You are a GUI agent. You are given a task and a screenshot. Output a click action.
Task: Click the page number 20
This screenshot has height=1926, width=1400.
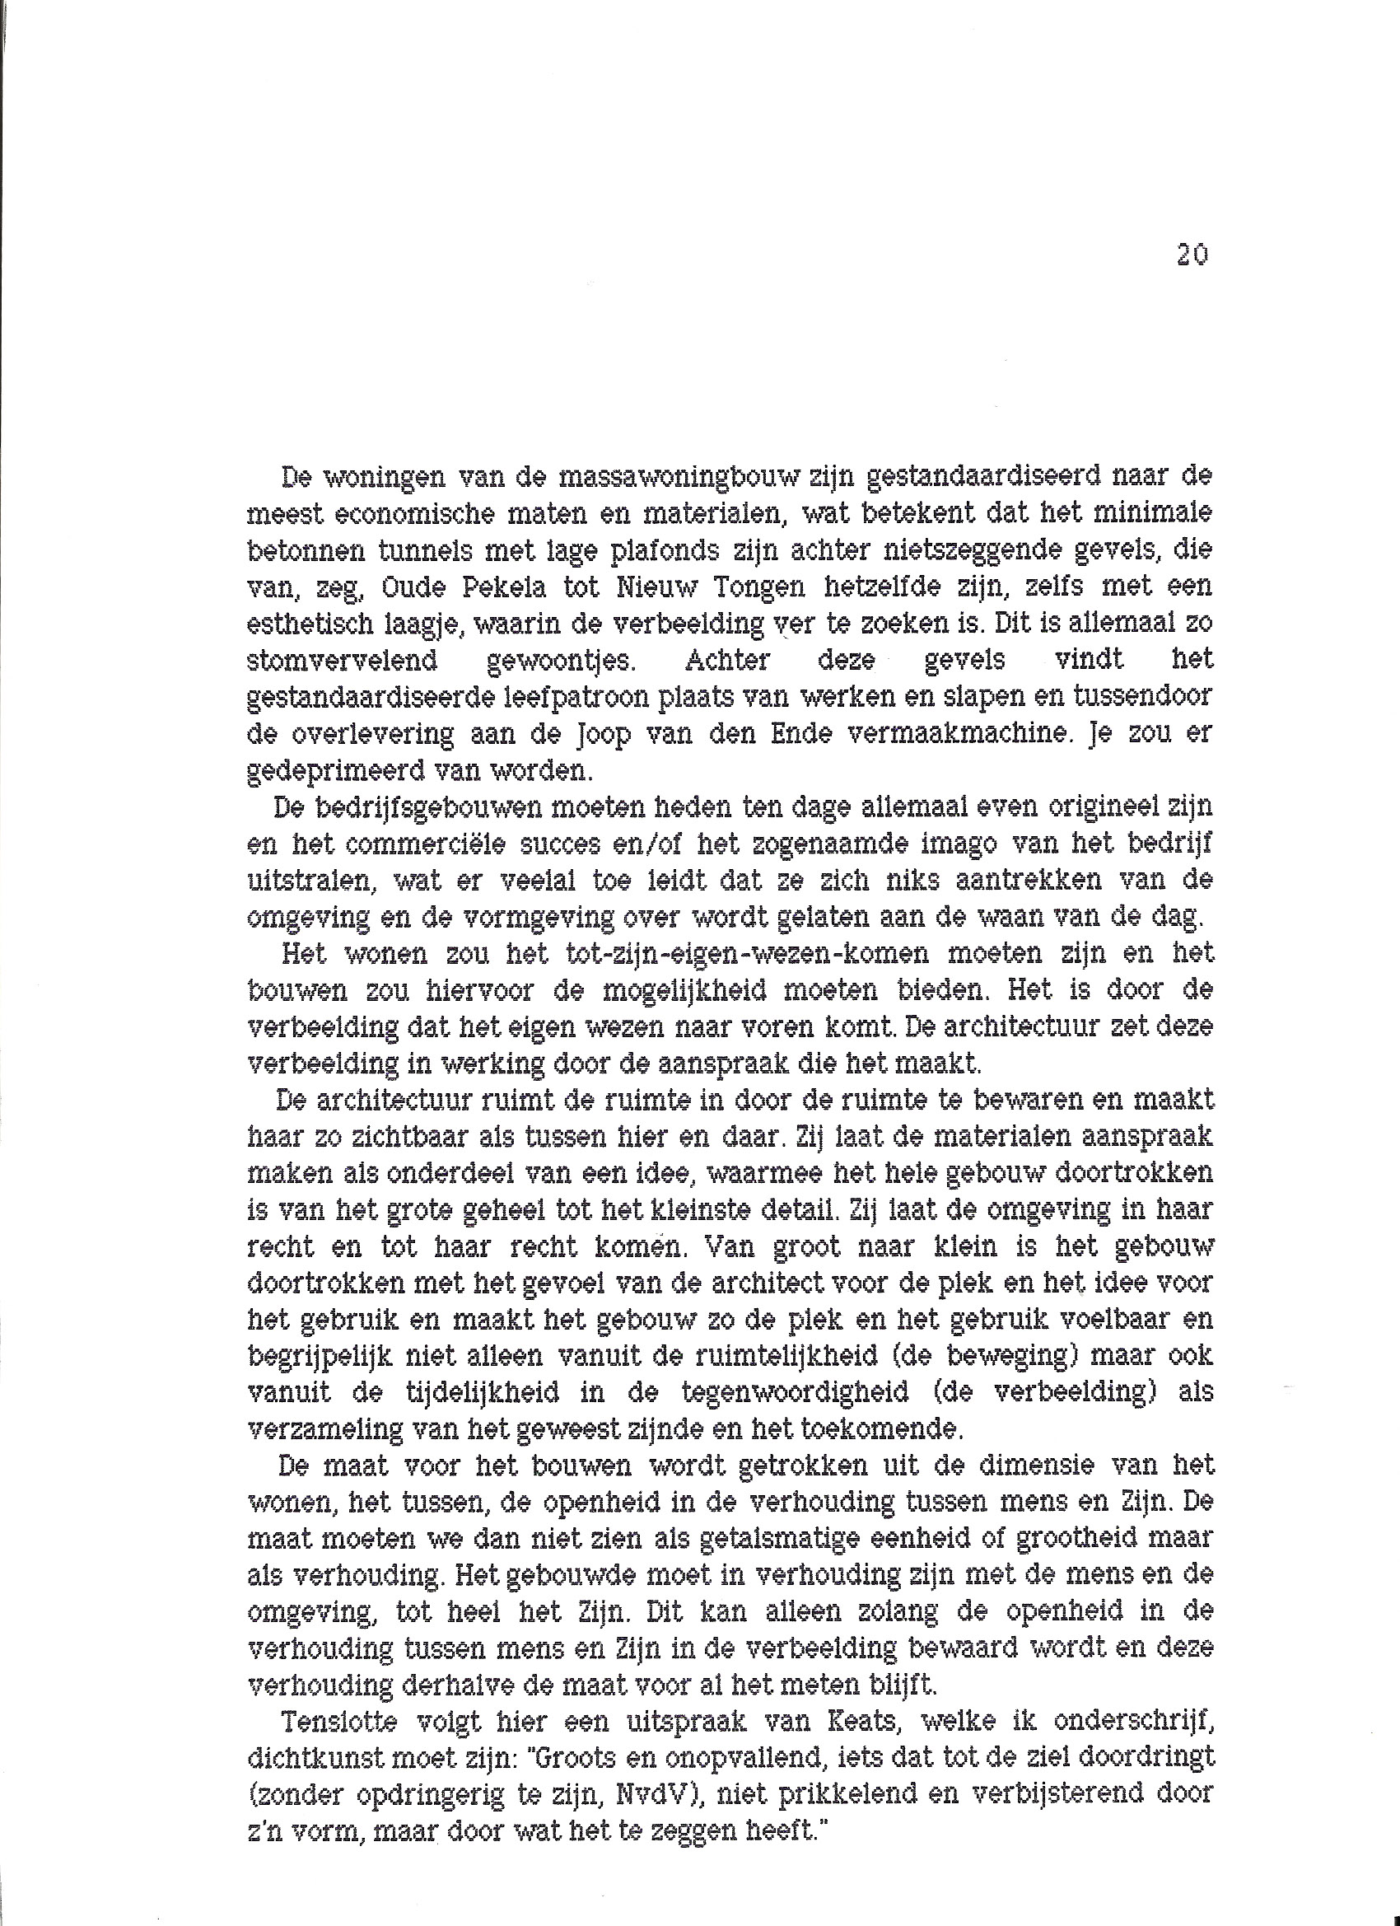click(x=1192, y=255)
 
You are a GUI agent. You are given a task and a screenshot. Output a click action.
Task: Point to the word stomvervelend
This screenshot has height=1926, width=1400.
click(x=342, y=659)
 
